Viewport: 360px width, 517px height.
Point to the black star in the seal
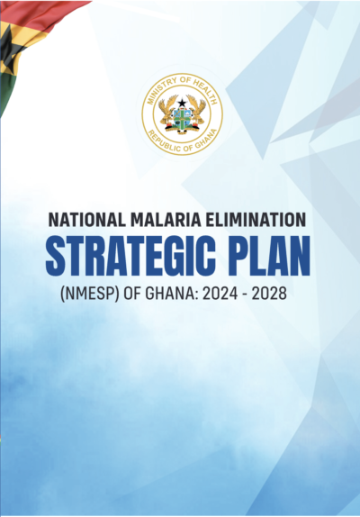coord(181,101)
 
